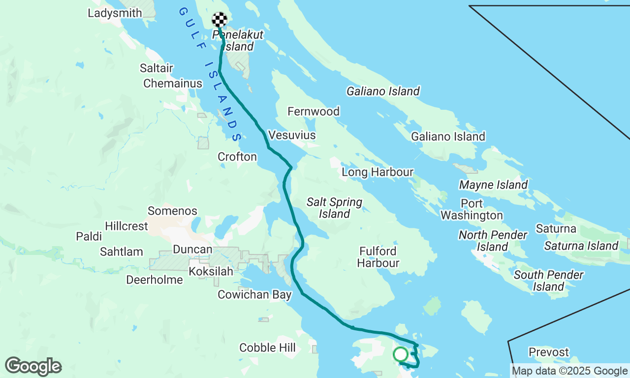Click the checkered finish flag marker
(220, 20)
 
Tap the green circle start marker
(401, 354)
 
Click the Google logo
(33, 367)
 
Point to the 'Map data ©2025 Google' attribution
(569, 371)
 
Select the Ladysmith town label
(115, 13)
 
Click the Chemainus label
(173, 84)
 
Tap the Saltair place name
(156, 67)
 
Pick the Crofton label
(237, 157)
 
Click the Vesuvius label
(292, 135)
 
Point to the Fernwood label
(314, 112)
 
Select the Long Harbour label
(378, 172)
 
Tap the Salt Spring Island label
(334, 208)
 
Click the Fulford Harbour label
(378, 257)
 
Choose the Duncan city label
(192, 250)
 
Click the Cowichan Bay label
(254, 295)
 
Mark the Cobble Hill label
(267, 348)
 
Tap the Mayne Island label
(493, 185)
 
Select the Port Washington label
(472, 209)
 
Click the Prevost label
(548, 352)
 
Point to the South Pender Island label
(548, 281)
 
